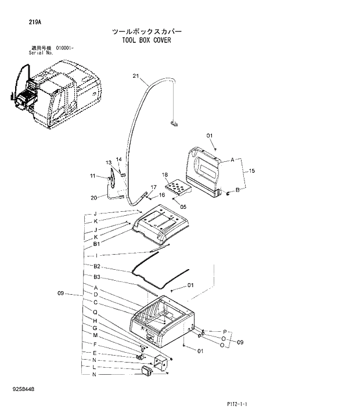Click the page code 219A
pyautogui.click(x=34, y=23)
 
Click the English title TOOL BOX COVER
pyautogui.click(x=146, y=41)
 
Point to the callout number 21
pyautogui.click(x=136, y=76)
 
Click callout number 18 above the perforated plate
pyautogui.click(x=165, y=175)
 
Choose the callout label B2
pyautogui.click(x=97, y=266)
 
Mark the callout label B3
pyautogui.click(x=97, y=277)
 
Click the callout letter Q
pyautogui.click(x=95, y=312)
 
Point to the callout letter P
pyautogui.click(x=224, y=331)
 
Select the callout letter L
pyautogui.click(x=95, y=367)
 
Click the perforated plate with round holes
pyautogui.click(x=177, y=188)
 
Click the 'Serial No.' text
pyautogui.click(x=41, y=52)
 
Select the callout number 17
pyautogui.click(x=154, y=187)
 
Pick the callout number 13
pyautogui.click(x=108, y=162)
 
